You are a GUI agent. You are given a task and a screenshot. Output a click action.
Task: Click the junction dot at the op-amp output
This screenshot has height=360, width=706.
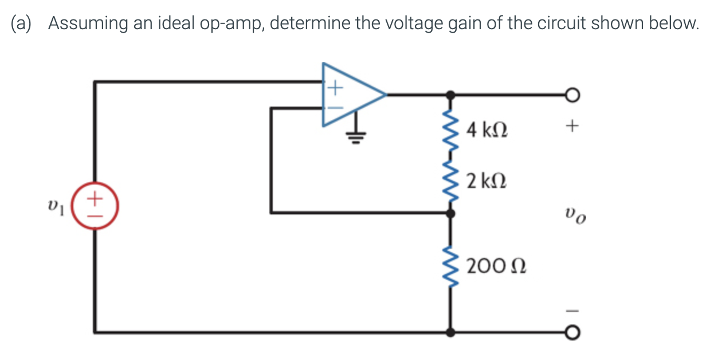tap(451, 95)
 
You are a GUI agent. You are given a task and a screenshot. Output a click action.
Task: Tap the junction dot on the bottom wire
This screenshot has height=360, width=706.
tap(451, 331)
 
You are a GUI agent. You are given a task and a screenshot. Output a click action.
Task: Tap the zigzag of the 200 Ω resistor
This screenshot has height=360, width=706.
tap(451, 267)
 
